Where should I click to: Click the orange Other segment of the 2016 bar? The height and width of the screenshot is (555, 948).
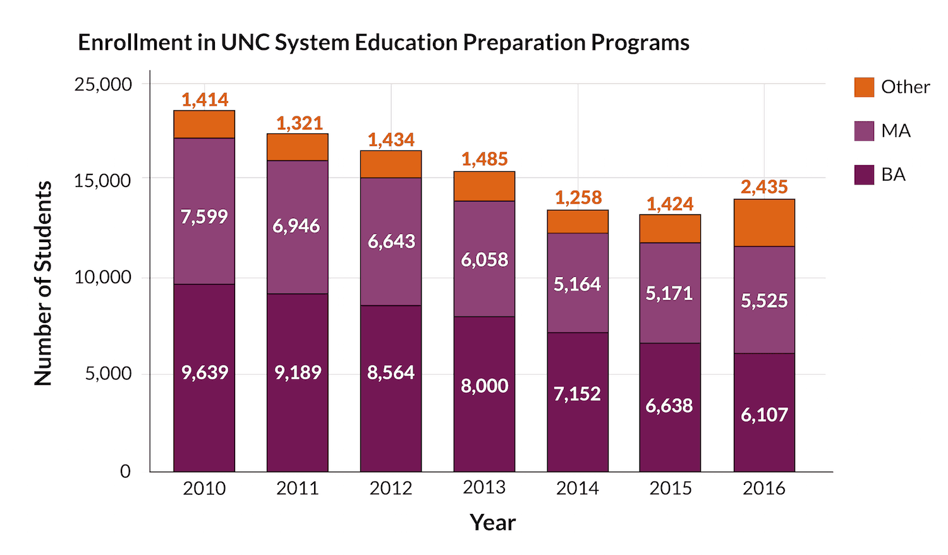coord(764,223)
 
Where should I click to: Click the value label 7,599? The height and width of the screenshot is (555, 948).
coord(204,217)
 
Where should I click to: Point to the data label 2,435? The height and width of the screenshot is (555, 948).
coord(764,187)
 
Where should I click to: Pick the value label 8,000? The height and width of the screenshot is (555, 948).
coord(484,386)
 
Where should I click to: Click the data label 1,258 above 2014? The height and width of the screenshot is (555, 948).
coord(578,198)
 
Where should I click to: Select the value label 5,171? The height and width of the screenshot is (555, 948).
coord(669,293)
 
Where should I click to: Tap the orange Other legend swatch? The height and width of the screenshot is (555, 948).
coord(864,87)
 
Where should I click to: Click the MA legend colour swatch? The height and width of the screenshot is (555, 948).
coord(864,131)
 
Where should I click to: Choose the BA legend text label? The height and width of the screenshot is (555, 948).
coord(893,174)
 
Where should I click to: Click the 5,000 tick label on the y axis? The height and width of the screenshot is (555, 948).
coord(108,374)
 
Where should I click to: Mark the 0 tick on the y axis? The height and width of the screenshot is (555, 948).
coord(125,471)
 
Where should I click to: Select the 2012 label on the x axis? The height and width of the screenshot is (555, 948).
coord(391,488)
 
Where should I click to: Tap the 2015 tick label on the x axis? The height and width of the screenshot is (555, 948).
coord(671,488)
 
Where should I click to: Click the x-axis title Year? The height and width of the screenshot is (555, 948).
coord(492,523)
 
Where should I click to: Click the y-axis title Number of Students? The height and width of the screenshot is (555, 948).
coord(43,283)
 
